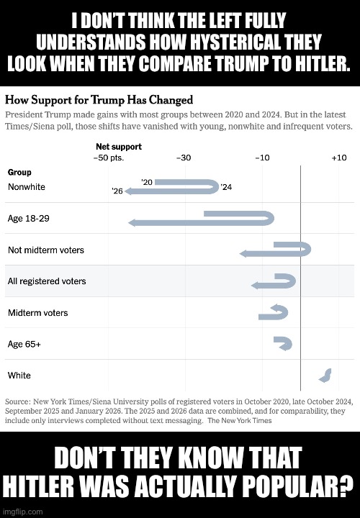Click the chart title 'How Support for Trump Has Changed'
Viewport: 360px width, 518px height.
coord(99,99)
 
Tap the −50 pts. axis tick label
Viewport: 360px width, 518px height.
coord(111,158)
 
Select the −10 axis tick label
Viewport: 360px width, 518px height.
coord(262,158)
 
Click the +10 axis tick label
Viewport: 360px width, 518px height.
coord(339,158)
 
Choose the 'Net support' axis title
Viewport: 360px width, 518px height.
coord(119,147)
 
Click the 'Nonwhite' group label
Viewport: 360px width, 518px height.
coord(26,187)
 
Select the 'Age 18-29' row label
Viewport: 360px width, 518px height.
coord(28,218)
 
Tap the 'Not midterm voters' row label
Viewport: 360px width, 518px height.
coord(45,250)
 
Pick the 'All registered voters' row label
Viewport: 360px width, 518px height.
coord(46,281)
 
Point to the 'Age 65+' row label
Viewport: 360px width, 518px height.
coord(24,344)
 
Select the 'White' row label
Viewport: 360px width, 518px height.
coord(19,376)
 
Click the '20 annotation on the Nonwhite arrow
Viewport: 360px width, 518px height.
coord(146,183)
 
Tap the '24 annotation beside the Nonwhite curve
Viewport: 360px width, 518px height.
coord(226,187)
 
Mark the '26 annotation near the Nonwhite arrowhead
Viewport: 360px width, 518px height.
coord(117,191)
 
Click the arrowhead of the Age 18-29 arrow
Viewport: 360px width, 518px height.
coord(132,223)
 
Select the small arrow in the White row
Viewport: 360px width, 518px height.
coord(325,375)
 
